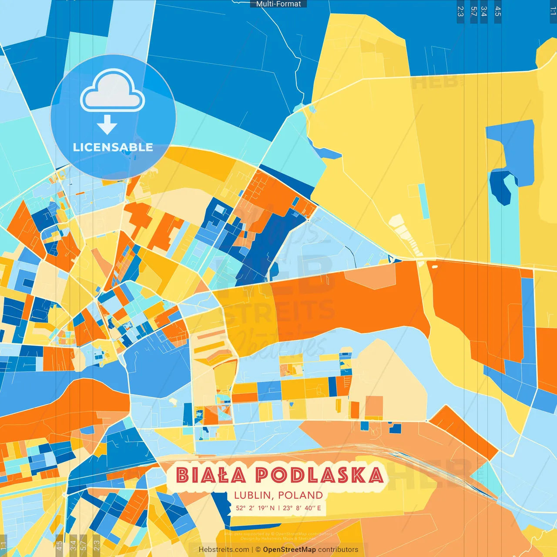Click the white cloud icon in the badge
click(x=112, y=91)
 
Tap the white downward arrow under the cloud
click(x=107, y=124)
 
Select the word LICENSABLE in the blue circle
click(x=113, y=148)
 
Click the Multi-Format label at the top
click(x=278, y=4)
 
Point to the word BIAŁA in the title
click(x=211, y=475)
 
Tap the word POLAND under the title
click(x=300, y=495)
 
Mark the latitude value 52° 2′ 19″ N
click(x=255, y=508)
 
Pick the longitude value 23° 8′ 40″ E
click(x=302, y=508)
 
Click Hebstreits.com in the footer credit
click(x=224, y=550)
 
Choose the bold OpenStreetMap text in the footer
click(x=289, y=550)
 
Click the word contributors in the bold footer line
click(x=338, y=550)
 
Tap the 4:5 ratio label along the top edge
click(x=498, y=11)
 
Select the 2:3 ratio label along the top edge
click(x=460, y=11)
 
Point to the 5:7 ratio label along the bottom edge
click(x=83, y=545)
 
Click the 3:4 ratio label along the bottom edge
click(x=73, y=545)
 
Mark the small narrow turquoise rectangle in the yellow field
click(x=423, y=201)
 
